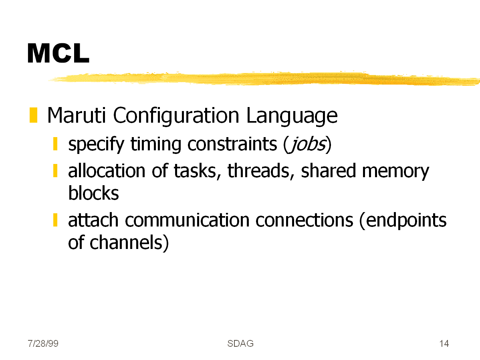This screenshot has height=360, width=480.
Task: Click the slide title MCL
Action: [x=58, y=53]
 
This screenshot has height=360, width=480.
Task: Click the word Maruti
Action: [x=77, y=115]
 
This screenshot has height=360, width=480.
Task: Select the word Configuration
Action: [x=176, y=116]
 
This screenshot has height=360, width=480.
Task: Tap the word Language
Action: [x=292, y=116]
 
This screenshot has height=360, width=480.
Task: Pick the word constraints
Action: [x=232, y=144]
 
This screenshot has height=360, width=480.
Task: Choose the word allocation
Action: [x=107, y=171]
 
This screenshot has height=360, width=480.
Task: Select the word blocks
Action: [x=93, y=193]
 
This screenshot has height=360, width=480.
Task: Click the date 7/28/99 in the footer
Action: [x=43, y=344]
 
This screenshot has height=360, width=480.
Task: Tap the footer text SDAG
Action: [x=240, y=344]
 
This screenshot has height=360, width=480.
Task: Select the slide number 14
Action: [x=444, y=344]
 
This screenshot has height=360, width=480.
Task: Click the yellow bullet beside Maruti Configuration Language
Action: [x=33, y=115]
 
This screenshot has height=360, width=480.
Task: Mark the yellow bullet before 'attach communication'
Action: [x=55, y=220]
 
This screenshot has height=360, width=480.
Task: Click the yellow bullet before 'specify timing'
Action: [x=55, y=144]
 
